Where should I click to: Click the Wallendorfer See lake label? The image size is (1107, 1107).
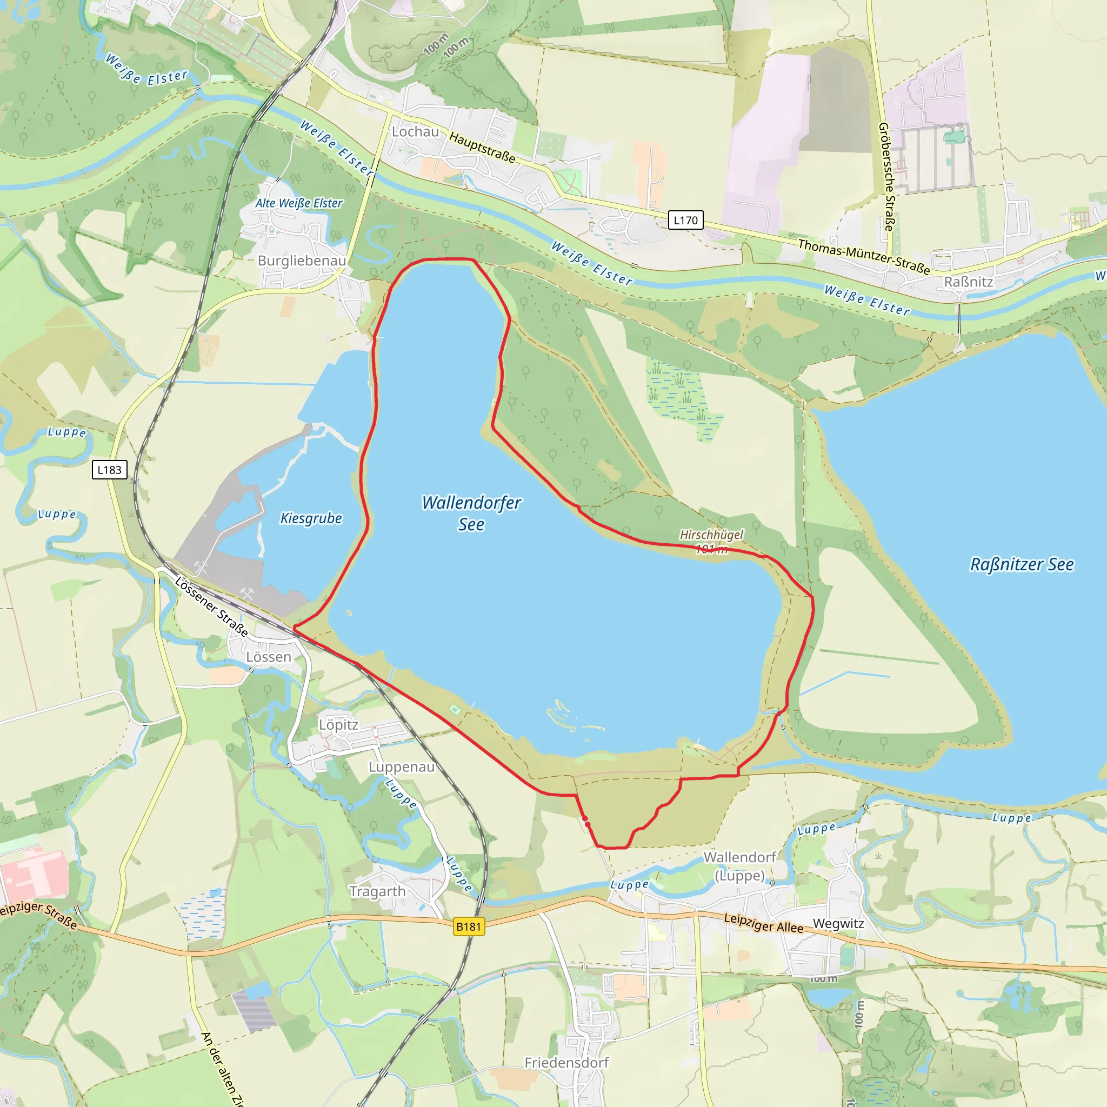pyautogui.click(x=471, y=514)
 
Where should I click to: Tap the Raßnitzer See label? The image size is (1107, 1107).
pyautogui.click(x=1022, y=564)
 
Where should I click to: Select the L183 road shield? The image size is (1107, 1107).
pyautogui.click(x=109, y=470)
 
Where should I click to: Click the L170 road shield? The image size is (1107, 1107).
pyautogui.click(x=685, y=220)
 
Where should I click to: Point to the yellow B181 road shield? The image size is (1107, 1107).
pyautogui.click(x=469, y=926)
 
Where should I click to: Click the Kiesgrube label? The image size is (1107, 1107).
pyautogui.click(x=311, y=518)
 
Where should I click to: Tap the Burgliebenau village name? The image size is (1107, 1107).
pyautogui.click(x=302, y=261)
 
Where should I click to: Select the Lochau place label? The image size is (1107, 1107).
pyautogui.click(x=416, y=132)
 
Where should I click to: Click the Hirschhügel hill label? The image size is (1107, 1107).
pyautogui.click(x=711, y=535)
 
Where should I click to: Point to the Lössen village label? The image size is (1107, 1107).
pyautogui.click(x=269, y=657)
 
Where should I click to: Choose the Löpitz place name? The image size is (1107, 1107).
pyautogui.click(x=338, y=725)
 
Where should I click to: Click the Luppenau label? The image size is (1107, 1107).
pyautogui.click(x=402, y=766)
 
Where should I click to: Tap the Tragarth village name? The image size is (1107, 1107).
pyautogui.click(x=378, y=891)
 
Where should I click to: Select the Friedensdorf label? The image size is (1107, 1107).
pyautogui.click(x=566, y=1063)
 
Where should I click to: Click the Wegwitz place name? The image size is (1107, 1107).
pyautogui.click(x=838, y=924)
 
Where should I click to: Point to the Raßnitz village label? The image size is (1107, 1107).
pyautogui.click(x=968, y=282)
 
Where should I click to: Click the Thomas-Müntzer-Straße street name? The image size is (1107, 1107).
pyautogui.click(x=864, y=256)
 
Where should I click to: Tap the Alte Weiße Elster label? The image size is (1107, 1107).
pyautogui.click(x=298, y=203)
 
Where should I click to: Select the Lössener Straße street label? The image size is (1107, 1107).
pyautogui.click(x=212, y=607)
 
